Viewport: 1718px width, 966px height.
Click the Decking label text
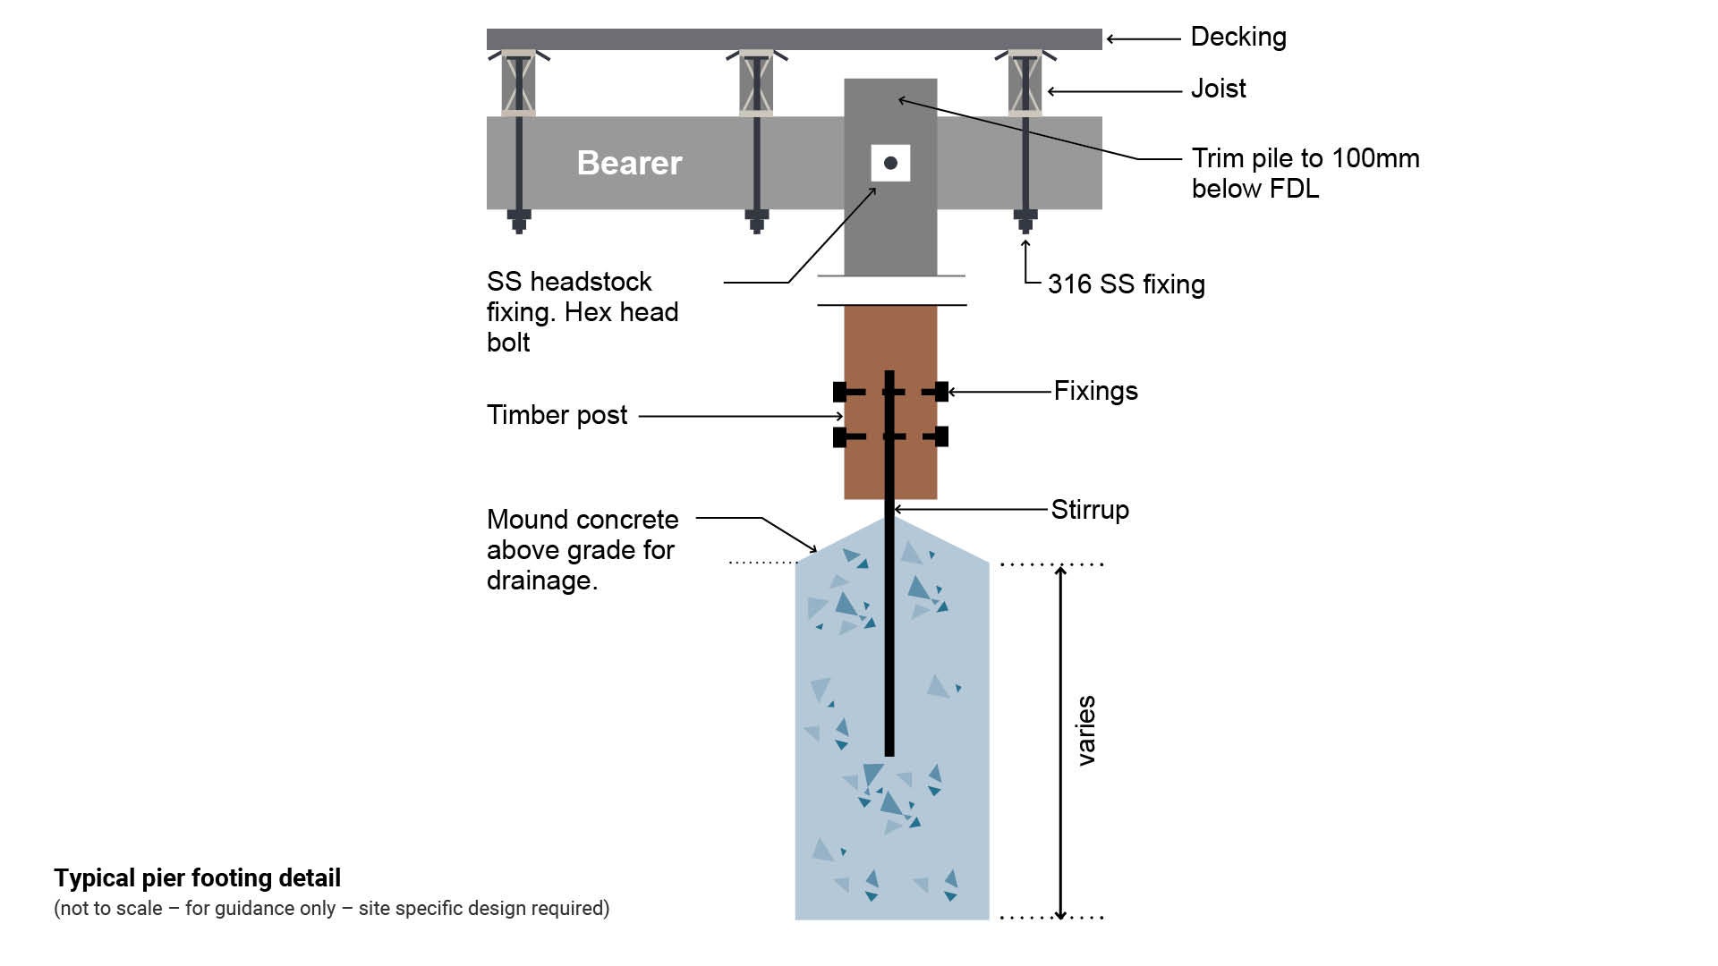pyautogui.click(x=1238, y=37)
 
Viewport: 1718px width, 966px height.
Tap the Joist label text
pyautogui.click(x=1218, y=89)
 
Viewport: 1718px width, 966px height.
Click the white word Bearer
pyautogui.click(x=629, y=163)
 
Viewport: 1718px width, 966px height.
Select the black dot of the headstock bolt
pyautogui.click(x=890, y=163)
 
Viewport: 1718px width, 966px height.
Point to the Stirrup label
pyautogui.click(x=1090, y=510)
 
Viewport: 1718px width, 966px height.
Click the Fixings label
pyautogui.click(x=1095, y=391)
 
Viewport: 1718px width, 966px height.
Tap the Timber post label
pyautogui.click(x=557, y=415)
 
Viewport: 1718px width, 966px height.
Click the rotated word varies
pyautogui.click(x=1086, y=730)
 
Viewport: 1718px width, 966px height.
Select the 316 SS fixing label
pyautogui.click(x=1126, y=284)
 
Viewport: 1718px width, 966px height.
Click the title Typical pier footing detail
pyautogui.click(x=197, y=877)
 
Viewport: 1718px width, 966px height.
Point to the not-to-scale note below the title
pyautogui.click(x=331, y=909)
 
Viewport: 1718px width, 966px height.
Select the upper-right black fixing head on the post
pyautogui.click(x=940, y=391)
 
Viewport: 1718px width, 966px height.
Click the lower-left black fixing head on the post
pyautogui.click(x=839, y=436)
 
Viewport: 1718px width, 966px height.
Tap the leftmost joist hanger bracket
pyautogui.click(x=519, y=83)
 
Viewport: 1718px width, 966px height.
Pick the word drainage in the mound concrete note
pyautogui.click(x=540, y=580)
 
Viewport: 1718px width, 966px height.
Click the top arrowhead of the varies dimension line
pyautogui.click(x=1061, y=571)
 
